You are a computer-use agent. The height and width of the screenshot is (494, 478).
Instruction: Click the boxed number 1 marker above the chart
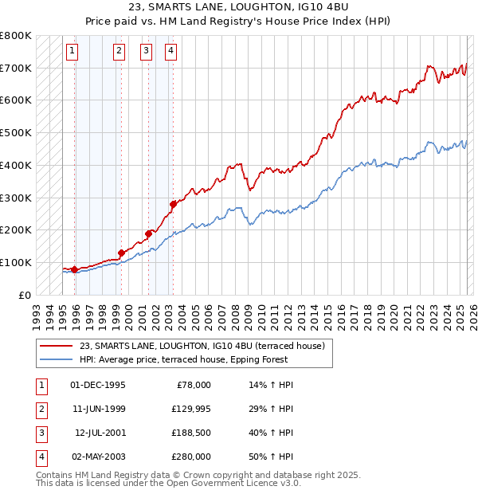pos(72,52)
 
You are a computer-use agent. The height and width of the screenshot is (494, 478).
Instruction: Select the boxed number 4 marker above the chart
pos(171,52)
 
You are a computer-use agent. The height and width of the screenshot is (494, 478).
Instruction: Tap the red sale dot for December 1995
pos(75,269)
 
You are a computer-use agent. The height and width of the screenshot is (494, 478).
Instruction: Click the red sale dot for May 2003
pos(173,203)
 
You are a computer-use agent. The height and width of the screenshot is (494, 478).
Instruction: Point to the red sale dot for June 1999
pos(121,253)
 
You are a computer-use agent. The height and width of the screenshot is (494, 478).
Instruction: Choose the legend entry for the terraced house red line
pos(202,347)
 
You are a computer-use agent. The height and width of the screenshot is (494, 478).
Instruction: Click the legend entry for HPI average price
pos(206,360)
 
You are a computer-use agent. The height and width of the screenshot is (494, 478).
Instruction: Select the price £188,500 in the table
pos(190,433)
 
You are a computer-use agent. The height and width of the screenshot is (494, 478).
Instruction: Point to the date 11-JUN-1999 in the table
pos(99,409)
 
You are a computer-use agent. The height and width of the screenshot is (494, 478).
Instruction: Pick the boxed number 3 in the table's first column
pos(41,433)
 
